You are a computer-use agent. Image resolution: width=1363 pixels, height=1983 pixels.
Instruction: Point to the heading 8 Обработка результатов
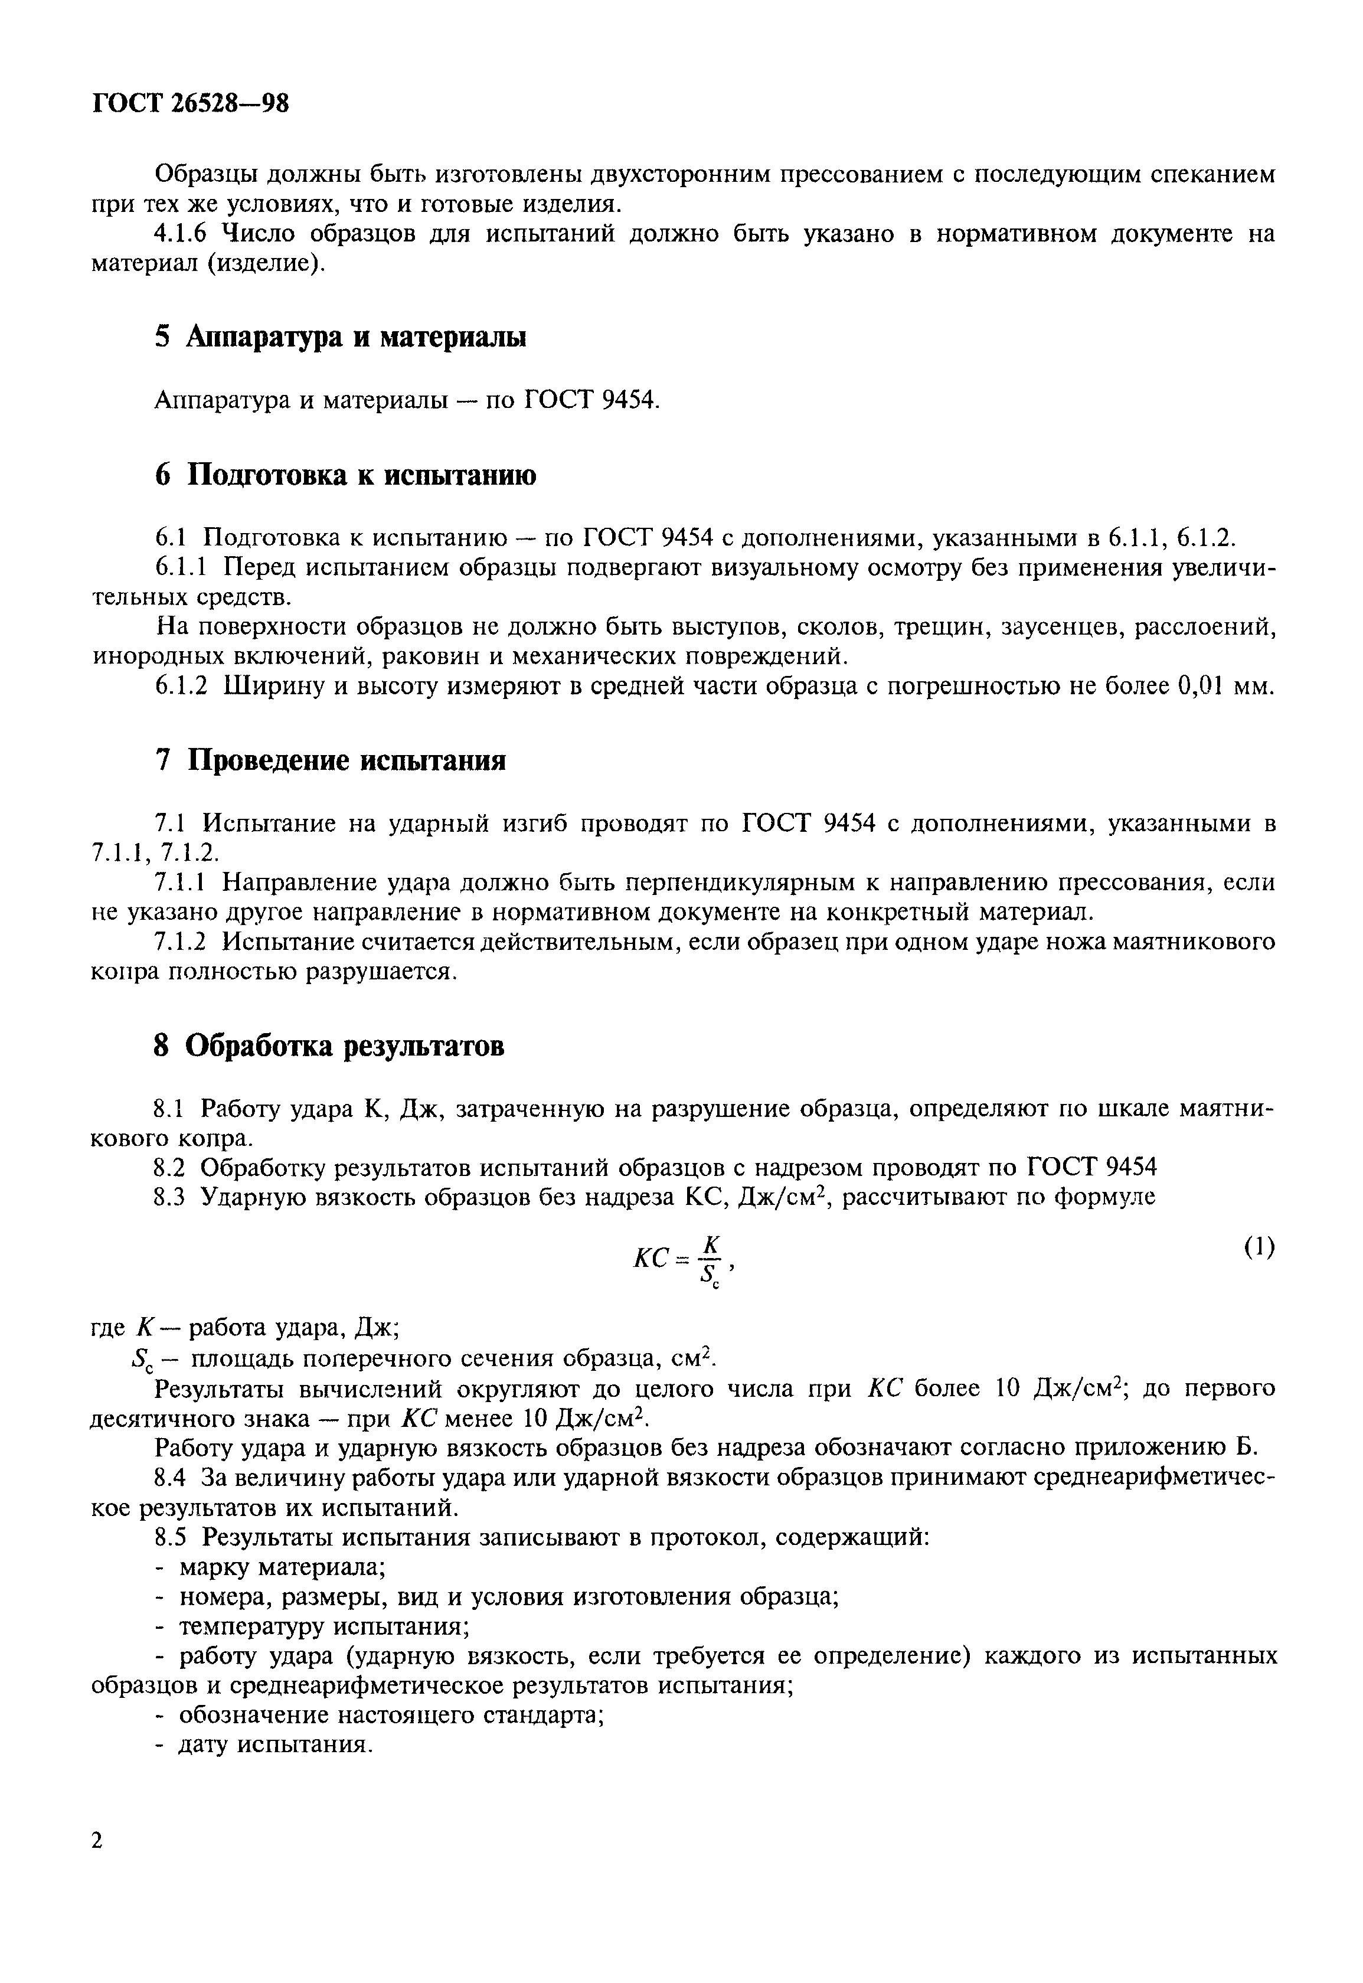tap(329, 1046)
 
